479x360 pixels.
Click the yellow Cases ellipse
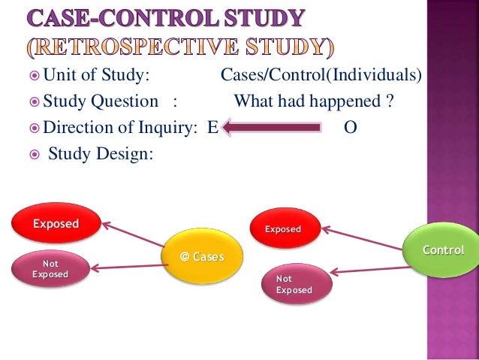point(203,257)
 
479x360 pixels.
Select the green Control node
point(442,250)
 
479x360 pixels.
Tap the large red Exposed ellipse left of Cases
point(56,223)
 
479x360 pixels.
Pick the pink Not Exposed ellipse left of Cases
point(50,268)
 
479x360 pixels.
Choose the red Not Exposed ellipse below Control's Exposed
point(294,284)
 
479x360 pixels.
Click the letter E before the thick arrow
point(212,128)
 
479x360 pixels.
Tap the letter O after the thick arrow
point(349,128)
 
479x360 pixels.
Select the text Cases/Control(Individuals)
point(321,76)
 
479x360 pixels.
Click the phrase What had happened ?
point(314,101)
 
